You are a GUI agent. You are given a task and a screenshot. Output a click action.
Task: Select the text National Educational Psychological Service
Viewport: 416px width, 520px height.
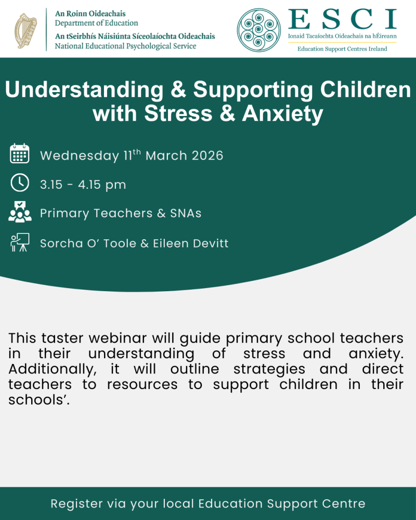point(125,46)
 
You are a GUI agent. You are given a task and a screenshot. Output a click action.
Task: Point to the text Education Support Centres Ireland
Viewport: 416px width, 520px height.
point(342,49)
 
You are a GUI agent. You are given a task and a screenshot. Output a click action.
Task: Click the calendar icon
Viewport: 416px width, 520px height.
point(20,154)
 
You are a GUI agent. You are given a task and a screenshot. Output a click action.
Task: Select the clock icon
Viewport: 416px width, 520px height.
point(20,183)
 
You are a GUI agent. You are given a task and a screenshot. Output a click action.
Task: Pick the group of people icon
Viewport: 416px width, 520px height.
point(20,212)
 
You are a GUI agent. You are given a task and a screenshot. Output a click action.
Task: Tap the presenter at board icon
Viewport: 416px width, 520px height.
point(20,242)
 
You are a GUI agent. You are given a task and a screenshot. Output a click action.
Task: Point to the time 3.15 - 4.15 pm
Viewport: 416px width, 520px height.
point(83,185)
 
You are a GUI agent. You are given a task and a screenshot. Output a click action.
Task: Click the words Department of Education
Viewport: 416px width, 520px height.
point(97,23)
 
